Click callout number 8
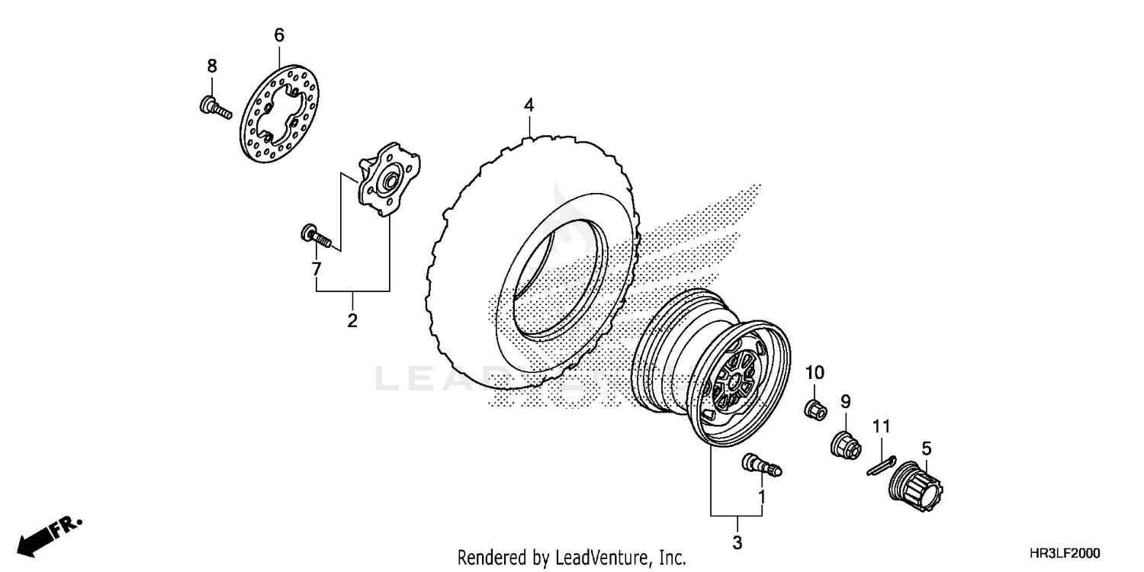[x=212, y=66]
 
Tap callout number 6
[x=278, y=34]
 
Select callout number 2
[x=352, y=320]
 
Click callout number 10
[x=815, y=373]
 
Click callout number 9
[x=846, y=402]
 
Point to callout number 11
[x=882, y=427]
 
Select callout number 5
[x=926, y=448]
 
